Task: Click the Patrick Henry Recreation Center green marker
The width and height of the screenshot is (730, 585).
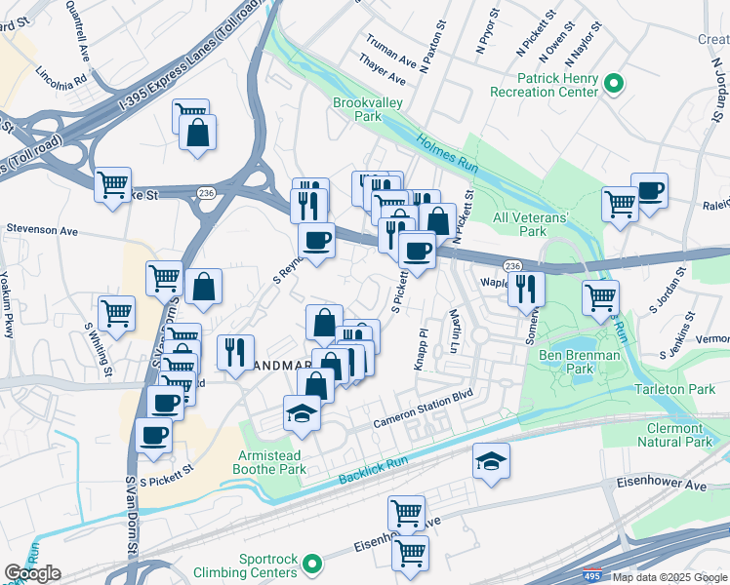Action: tap(615, 84)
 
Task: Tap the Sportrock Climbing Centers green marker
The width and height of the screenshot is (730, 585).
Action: tap(312, 564)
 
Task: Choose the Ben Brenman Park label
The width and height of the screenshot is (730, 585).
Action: tap(579, 363)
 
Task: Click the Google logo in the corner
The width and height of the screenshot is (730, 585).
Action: tap(32, 573)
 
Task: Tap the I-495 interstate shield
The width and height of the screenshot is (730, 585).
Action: tap(591, 576)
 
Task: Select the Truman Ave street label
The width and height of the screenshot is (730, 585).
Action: tap(386, 44)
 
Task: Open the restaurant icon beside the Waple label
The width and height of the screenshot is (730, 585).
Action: tap(526, 288)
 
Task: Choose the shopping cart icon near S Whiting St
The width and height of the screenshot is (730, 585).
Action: tap(116, 314)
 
